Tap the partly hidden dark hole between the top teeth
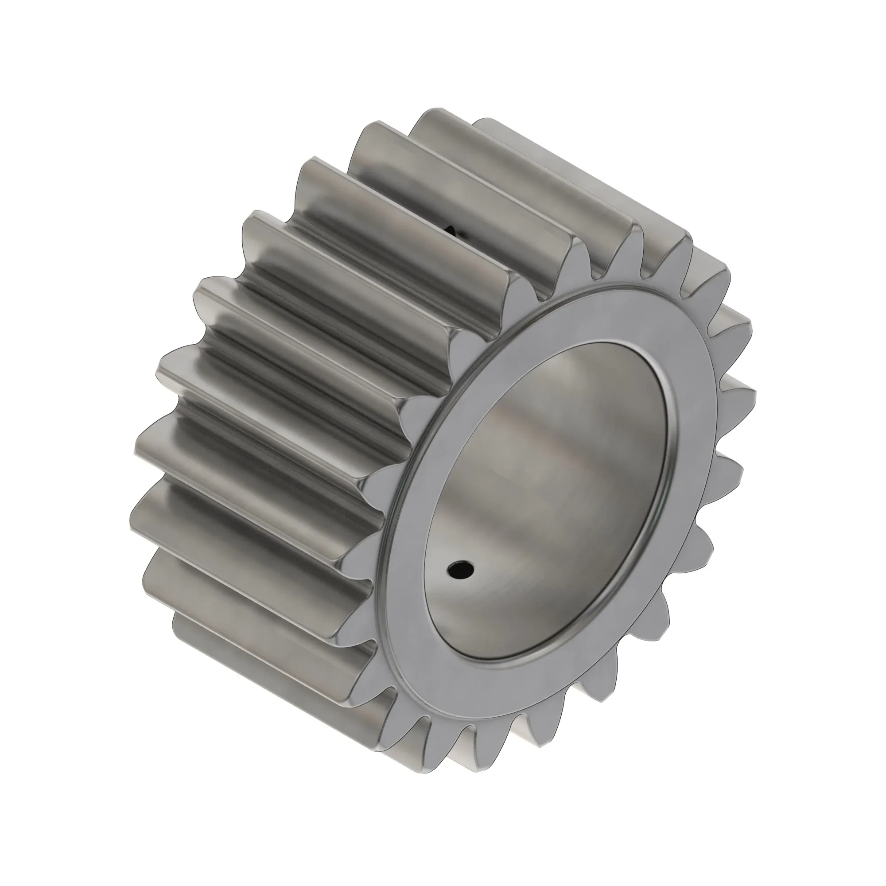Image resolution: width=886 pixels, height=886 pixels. [455, 232]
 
